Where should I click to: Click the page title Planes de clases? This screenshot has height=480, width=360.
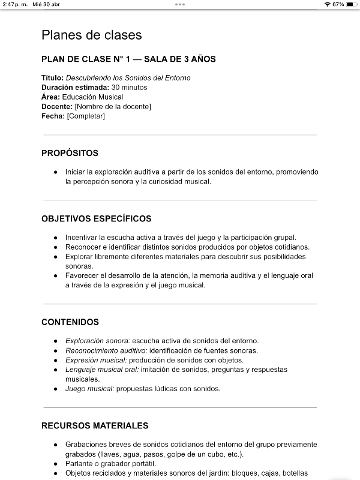tap(92, 35)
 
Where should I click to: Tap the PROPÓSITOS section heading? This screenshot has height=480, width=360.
tap(70, 153)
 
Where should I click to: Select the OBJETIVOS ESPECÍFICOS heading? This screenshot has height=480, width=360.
tap(96, 218)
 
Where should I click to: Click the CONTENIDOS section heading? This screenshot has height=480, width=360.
tap(70, 322)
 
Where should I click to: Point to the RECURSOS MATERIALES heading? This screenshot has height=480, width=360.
tap(95, 425)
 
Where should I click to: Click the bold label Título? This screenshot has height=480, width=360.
tap(52, 78)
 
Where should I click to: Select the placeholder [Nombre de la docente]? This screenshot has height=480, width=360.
tap(113, 107)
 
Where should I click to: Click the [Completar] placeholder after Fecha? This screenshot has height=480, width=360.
tap(85, 116)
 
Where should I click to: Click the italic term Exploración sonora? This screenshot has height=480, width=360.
tap(98, 341)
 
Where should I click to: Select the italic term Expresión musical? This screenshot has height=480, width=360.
tap(96, 360)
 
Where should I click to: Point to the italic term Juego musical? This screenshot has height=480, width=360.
tap(89, 389)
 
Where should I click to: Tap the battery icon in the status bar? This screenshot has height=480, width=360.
tap(352, 4)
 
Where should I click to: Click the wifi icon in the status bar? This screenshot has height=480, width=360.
tap(327, 4)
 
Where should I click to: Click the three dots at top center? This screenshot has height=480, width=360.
tap(180, 4)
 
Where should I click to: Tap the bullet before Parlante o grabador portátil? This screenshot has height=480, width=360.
tap(56, 464)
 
